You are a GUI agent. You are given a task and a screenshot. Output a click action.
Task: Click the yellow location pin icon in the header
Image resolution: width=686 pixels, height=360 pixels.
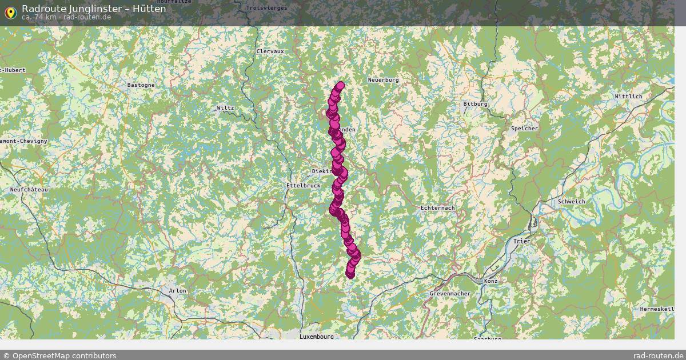click(10, 12)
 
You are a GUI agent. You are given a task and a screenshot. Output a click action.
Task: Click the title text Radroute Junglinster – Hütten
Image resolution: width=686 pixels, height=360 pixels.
click(94, 9)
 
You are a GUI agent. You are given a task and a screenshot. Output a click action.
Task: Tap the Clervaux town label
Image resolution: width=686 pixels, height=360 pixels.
click(270, 51)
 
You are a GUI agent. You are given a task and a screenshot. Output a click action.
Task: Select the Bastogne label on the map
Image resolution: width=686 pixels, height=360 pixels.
click(141, 85)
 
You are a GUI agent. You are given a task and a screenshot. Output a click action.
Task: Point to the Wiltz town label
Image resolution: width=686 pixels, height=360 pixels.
click(225, 107)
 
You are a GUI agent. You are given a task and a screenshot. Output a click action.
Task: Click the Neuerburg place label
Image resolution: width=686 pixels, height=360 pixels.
click(383, 80)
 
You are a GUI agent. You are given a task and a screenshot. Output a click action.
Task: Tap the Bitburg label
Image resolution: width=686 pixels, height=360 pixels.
click(475, 104)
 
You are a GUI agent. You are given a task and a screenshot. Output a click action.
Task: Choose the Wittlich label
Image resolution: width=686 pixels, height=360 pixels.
click(629, 97)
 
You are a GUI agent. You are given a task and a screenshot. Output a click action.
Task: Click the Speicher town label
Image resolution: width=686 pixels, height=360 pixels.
click(524, 129)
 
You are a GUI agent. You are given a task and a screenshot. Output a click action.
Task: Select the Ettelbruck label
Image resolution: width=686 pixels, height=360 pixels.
click(303, 186)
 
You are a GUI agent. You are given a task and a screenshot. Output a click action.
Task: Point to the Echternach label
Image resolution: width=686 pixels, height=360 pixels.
click(437, 208)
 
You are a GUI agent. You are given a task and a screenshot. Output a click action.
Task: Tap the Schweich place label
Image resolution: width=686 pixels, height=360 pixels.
click(571, 202)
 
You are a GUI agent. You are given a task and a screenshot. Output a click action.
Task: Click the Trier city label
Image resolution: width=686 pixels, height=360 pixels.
click(521, 241)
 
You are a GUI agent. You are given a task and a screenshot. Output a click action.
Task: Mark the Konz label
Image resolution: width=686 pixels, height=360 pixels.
click(490, 281)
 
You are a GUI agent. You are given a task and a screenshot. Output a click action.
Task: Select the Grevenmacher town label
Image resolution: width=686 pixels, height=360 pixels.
click(450, 294)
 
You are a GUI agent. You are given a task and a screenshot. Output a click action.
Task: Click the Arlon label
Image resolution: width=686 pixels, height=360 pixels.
click(177, 291)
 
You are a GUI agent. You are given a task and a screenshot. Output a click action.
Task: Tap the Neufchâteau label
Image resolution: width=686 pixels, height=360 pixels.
click(29, 189)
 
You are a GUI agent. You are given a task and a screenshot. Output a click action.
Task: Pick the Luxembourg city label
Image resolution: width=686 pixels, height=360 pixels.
click(316, 337)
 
